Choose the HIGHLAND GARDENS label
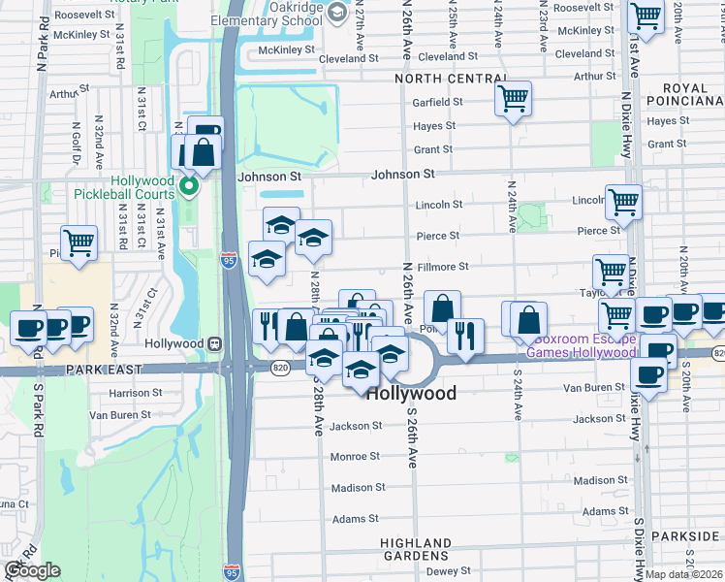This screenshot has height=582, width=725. click(416, 549)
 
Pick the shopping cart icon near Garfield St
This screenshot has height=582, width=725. click(513, 98)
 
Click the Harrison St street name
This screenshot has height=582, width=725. click(136, 393)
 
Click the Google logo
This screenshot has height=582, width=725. click(32, 571)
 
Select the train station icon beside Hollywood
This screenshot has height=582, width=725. click(212, 343)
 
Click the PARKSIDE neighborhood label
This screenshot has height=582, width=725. click(693, 536)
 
